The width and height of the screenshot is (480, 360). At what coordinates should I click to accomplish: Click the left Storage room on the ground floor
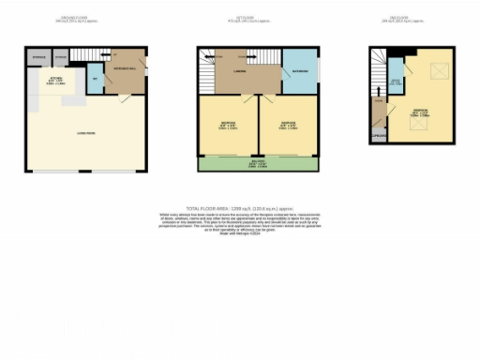pos(37,55)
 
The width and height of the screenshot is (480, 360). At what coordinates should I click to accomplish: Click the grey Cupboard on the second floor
pos(379,136)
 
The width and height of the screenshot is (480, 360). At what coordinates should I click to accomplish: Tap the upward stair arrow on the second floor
pos(379,92)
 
